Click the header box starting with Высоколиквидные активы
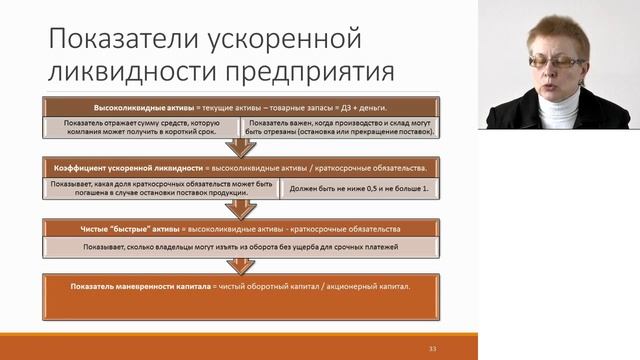(240, 106)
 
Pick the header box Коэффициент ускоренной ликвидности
(240, 167)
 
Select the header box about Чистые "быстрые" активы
(240, 227)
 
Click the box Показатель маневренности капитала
(240, 286)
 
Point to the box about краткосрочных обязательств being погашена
(160, 187)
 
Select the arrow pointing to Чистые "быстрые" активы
(240, 208)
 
